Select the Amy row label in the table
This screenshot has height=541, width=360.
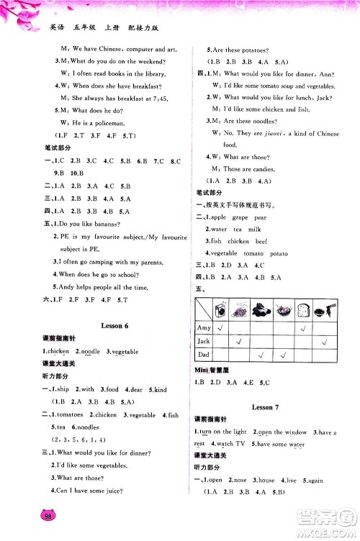[204, 327]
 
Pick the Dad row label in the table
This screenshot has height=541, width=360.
[204, 355]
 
